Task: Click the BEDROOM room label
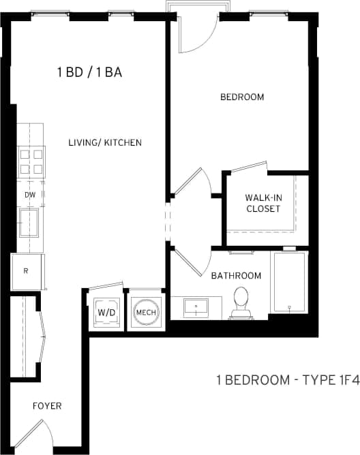241,97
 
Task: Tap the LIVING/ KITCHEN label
105,142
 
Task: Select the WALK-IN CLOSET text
262,203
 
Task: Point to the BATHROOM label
236,275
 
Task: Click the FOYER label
47,406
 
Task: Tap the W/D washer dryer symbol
106,312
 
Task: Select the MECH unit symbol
146,313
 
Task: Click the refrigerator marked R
27,271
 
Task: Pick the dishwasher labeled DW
30,194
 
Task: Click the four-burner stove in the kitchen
31,161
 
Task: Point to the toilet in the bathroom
241,302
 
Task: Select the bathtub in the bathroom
290,282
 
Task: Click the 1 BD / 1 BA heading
89,73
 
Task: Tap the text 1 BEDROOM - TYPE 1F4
287,380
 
